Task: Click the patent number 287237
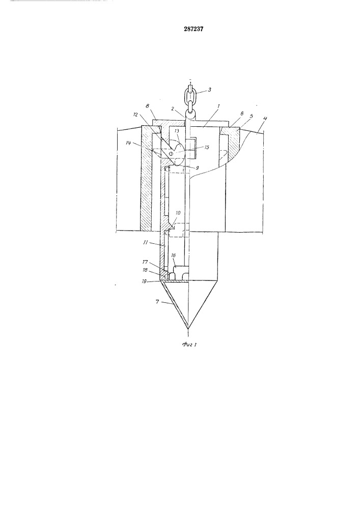point(193,29)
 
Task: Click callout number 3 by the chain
point(209,90)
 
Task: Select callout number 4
point(265,119)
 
